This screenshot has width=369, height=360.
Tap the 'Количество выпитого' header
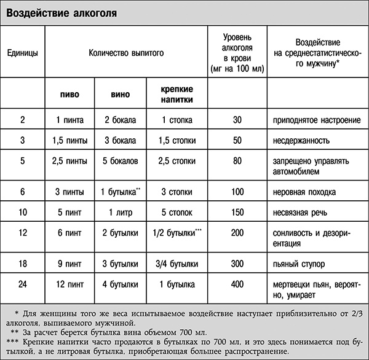click(x=126, y=53)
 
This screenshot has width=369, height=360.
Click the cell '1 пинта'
click(x=69, y=119)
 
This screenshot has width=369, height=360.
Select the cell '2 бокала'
click(x=121, y=119)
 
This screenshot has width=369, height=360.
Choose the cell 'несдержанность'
click(x=298, y=140)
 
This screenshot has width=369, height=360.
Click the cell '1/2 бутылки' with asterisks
click(x=176, y=234)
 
